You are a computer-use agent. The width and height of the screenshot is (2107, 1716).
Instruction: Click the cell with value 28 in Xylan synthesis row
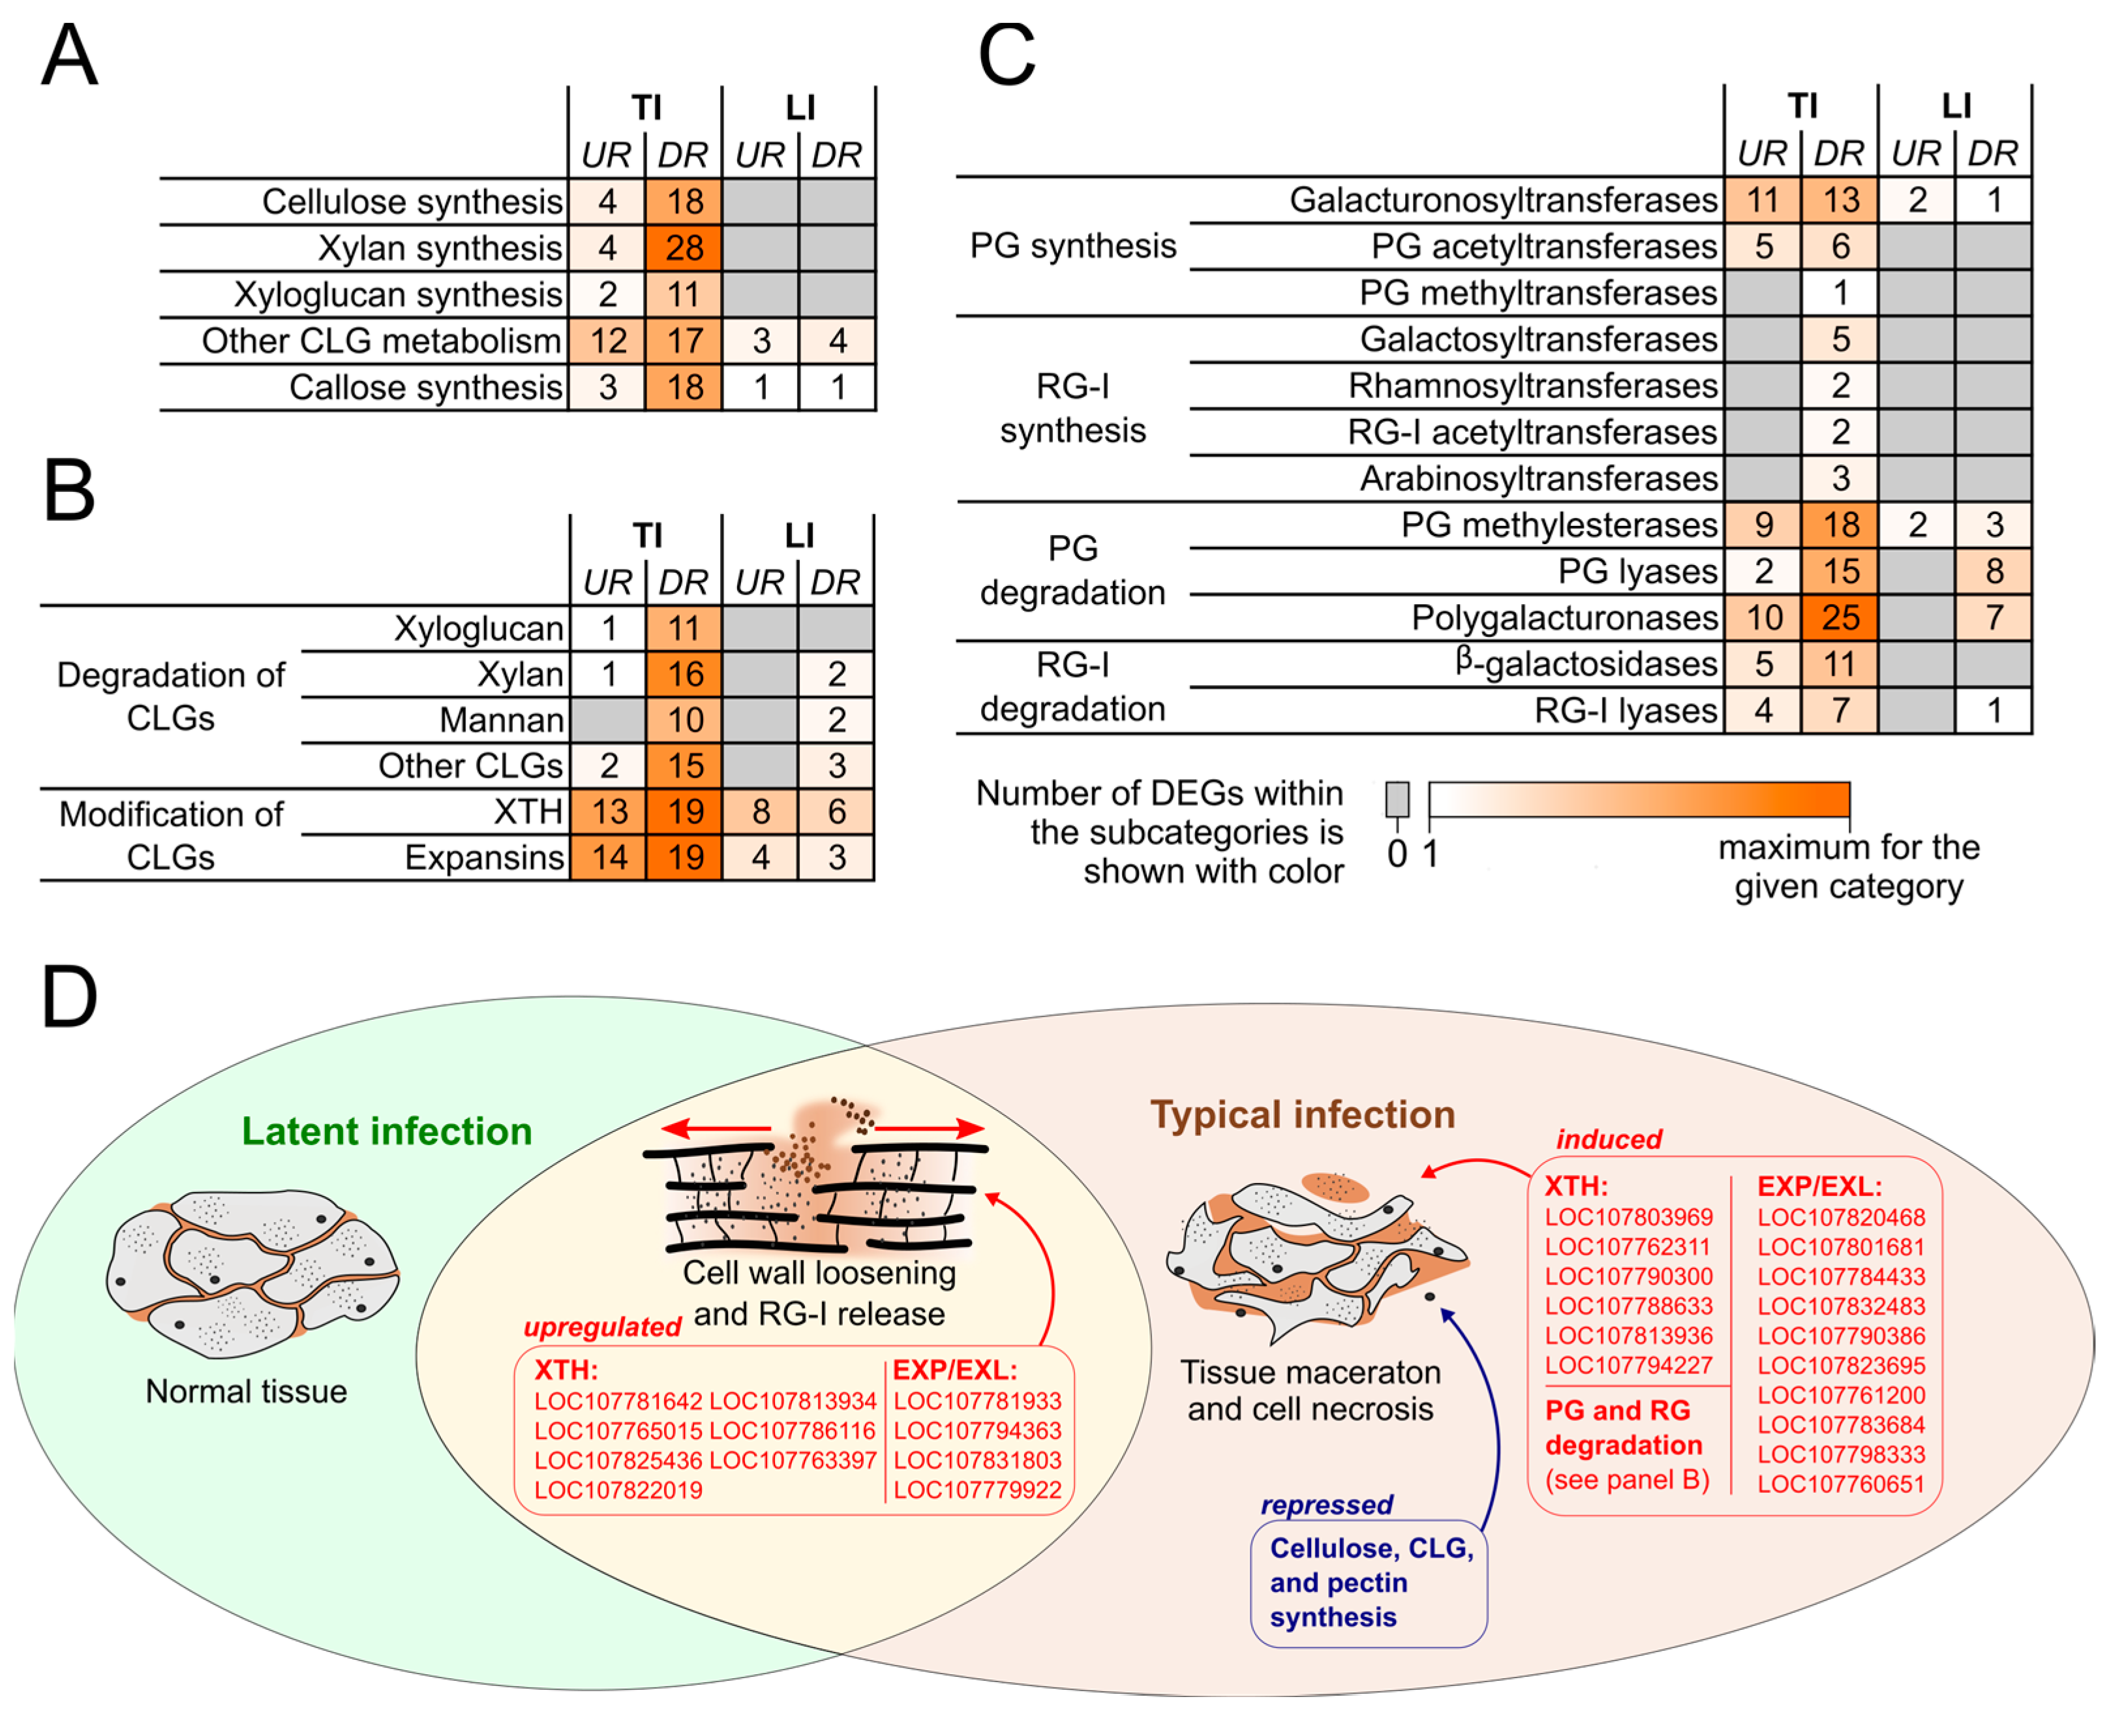(684, 247)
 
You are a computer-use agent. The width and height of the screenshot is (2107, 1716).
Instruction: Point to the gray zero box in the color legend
(1397, 799)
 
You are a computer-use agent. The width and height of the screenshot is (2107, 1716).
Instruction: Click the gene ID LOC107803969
(1629, 1217)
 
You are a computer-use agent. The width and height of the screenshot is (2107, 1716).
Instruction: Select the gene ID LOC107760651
(1841, 1484)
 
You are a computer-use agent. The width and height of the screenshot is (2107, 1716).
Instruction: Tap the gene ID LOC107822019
(618, 1490)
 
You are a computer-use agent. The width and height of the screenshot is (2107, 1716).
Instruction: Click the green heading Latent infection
(386, 1131)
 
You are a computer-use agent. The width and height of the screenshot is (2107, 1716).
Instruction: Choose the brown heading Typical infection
(1303, 1114)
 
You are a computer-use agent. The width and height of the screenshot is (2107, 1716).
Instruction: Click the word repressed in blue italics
(1326, 1505)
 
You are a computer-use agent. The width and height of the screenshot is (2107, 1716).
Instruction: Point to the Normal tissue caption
(246, 1391)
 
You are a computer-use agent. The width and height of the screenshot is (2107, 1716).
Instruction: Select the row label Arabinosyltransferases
(1539, 478)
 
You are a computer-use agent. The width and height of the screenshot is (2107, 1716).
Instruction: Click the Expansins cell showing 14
(609, 857)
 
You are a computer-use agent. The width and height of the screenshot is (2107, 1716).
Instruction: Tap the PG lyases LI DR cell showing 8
(1993, 572)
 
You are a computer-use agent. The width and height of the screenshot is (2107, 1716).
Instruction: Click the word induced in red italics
(1609, 1139)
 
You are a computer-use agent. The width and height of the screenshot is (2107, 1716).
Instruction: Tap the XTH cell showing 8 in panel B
(760, 812)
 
